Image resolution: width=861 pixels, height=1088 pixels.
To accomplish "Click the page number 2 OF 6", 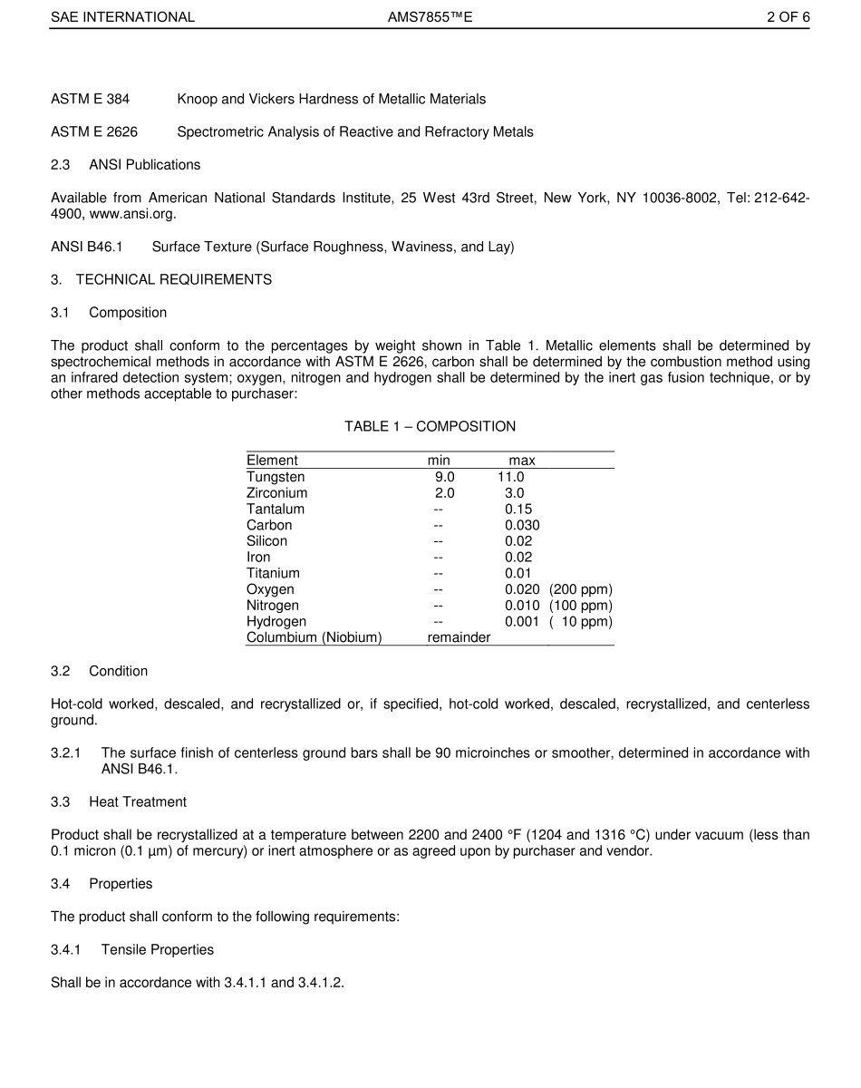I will (788, 17).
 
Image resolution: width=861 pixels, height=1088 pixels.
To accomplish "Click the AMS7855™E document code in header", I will (430, 17).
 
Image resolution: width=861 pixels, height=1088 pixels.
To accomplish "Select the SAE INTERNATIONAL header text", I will (122, 17).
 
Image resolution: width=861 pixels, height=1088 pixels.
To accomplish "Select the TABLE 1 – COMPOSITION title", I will (430, 426).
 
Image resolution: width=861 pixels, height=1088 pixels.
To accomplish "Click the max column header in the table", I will (521, 461).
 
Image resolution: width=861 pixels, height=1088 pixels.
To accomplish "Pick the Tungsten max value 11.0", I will (510, 477).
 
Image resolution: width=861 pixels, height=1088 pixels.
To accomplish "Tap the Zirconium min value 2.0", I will (444, 493).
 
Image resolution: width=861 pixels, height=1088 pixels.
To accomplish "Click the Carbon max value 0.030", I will (522, 525).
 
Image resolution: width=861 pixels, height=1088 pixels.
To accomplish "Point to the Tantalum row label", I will (276, 510).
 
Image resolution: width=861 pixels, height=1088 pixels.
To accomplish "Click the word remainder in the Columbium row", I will (459, 637).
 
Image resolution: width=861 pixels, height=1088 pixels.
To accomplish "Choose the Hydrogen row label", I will (276, 622).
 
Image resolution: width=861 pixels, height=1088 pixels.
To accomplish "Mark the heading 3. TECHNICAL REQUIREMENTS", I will (161, 279).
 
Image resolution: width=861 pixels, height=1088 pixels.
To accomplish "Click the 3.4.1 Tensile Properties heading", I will (132, 949).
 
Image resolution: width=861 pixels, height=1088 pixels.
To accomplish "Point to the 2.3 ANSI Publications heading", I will (126, 165).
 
